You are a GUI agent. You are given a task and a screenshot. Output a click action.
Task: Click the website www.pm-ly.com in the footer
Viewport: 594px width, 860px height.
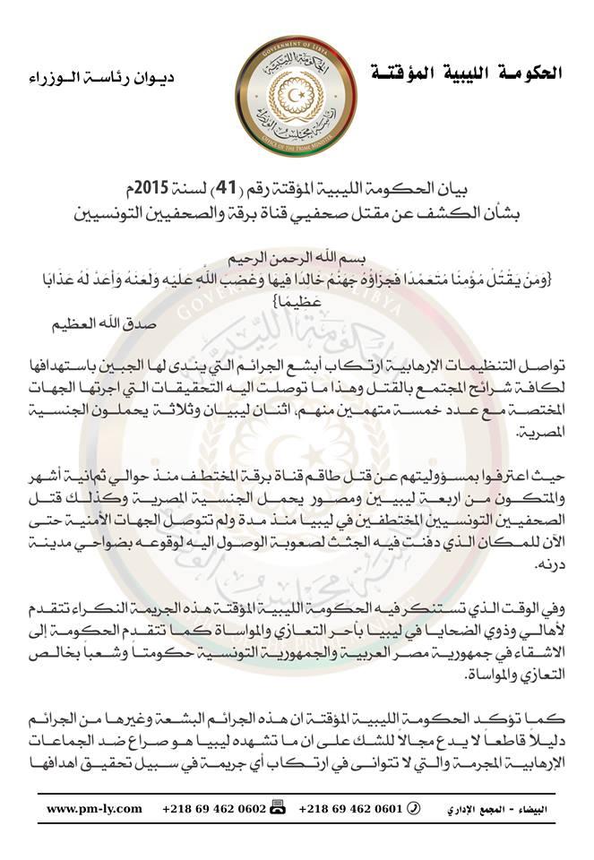tap(94, 808)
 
